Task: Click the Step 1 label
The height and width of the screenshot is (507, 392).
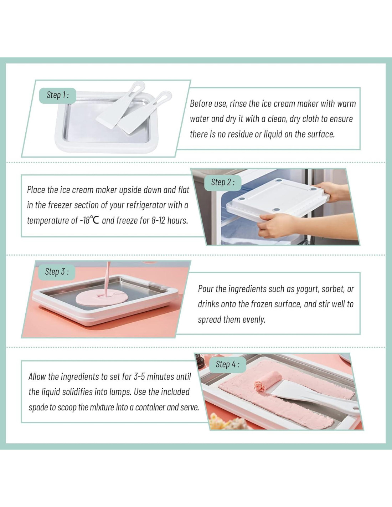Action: pyautogui.click(x=58, y=95)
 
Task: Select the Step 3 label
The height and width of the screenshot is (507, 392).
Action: pyautogui.click(x=57, y=272)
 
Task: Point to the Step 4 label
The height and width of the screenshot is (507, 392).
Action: pyautogui.click(x=227, y=364)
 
